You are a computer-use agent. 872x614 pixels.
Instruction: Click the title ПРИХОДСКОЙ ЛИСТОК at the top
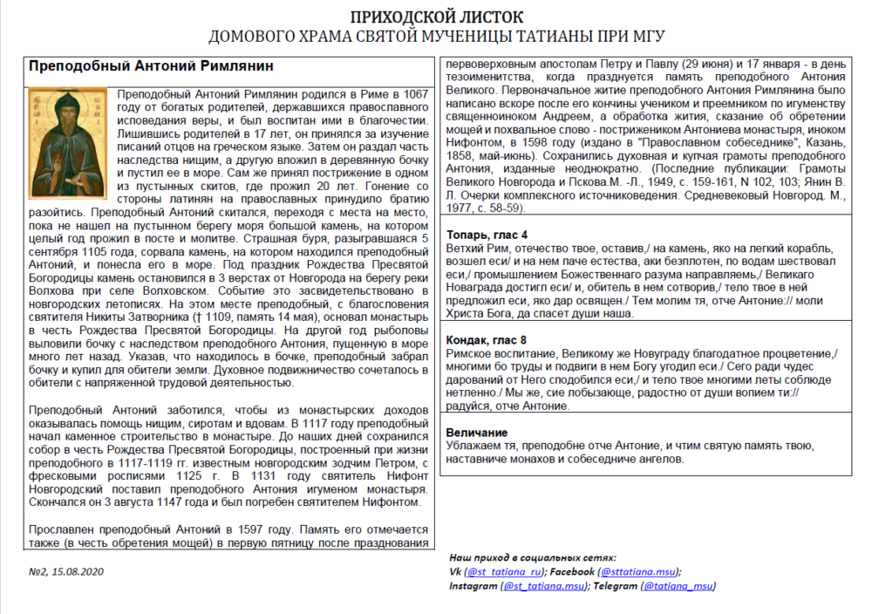pyautogui.click(x=436, y=17)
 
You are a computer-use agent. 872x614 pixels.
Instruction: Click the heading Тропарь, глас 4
pyautogui.click(x=487, y=235)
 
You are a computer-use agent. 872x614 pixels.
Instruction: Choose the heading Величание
pyautogui.click(x=476, y=433)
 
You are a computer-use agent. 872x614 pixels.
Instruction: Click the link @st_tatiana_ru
pyautogui.click(x=504, y=572)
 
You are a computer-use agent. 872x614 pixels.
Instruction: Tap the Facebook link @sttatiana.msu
pyautogui.click(x=637, y=572)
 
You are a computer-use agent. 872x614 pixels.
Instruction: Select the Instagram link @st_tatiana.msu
pyautogui.click(x=543, y=587)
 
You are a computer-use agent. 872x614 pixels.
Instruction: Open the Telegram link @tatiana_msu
pyautogui.click(x=677, y=587)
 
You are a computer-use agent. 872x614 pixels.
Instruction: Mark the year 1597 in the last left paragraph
pyautogui.click(x=267, y=529)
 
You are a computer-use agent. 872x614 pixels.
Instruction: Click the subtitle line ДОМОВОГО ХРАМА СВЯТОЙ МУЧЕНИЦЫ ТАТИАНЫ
pyautogui.click(x=436, y=37)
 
